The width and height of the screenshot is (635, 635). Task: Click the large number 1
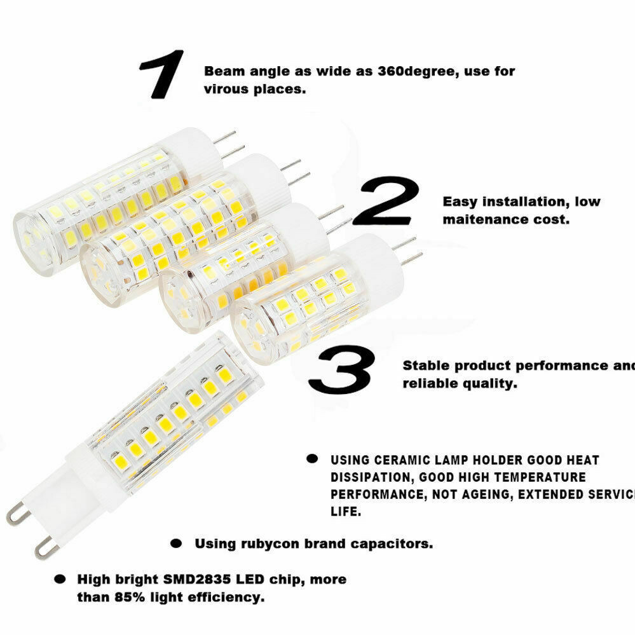162,74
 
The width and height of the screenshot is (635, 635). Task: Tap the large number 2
387,202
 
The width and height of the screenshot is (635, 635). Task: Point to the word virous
225,90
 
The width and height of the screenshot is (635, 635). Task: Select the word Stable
426,366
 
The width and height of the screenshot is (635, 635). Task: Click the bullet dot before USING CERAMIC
311,459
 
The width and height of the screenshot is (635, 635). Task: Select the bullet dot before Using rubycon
177,544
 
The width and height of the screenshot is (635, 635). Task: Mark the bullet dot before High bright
60,580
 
